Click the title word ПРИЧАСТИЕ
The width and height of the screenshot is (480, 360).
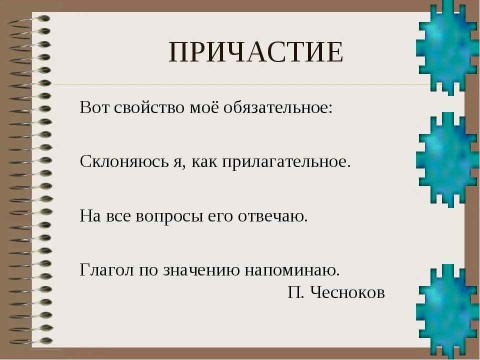click(256, 52)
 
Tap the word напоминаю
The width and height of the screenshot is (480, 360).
click(292, 270)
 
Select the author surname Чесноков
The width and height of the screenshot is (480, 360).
click(348, 292)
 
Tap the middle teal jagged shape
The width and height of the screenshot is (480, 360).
click(446, 159)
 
